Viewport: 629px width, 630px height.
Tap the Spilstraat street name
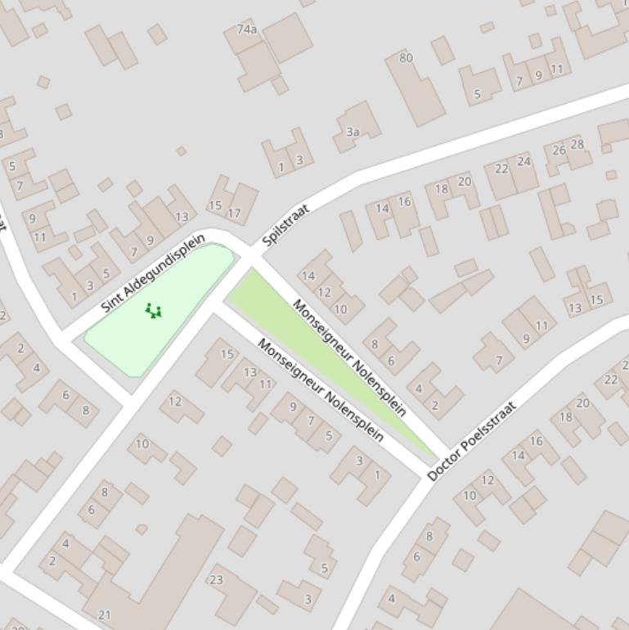(285, 225)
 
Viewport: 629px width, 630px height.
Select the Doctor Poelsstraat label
(472, 440)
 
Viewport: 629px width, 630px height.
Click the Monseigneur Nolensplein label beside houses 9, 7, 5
(321, 390)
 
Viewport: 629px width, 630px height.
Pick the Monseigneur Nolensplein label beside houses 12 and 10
(349, 358)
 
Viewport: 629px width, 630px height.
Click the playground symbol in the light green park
(153, 311)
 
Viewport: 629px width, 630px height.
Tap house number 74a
(246, 29)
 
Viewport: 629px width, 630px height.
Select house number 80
(406, 58)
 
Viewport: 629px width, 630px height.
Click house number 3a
(353, 132)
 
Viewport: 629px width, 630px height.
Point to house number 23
(216, 579)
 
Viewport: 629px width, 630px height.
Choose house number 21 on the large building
(104, 614)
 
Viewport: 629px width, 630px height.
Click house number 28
(577, 145)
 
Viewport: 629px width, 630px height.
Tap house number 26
(559, 151)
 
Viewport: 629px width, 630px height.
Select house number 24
(523, 161)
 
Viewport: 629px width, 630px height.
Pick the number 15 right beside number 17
(215, 206)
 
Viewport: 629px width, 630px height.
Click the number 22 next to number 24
(502, 169)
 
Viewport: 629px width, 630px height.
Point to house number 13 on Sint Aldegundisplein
(182, 217)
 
